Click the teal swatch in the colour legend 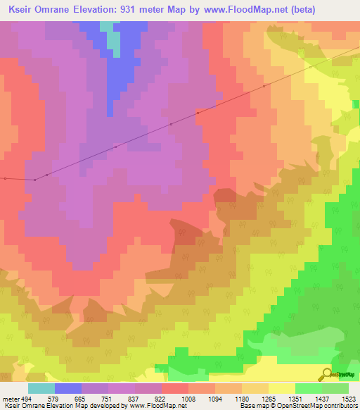click(41, 388)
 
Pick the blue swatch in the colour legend click(68, 388)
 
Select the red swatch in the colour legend click(175, 388)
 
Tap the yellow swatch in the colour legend click(282, 388)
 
